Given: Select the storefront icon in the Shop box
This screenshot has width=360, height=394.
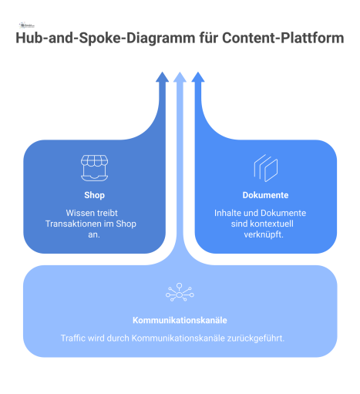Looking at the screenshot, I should click(x=94, y=167).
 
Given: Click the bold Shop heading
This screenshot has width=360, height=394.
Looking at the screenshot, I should click(x=94, y=195).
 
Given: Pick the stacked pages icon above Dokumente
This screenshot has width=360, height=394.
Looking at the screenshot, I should click(x=264, y=167).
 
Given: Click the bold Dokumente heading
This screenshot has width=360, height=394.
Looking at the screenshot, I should click(x=265, y=195).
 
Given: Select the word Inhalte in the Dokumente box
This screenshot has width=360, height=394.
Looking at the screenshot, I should click(x=228, y=213).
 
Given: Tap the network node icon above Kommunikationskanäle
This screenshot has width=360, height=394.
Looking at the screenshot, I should click(x=180, y=293).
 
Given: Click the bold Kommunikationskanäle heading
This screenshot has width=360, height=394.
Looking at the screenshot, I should click(x=180, y=320).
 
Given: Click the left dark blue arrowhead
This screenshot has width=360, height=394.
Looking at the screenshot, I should click(x=162, y=77).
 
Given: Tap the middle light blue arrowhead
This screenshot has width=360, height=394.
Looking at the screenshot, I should click(x=180, y=77).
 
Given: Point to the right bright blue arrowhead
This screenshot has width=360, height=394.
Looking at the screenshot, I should click(x=197, y=77).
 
